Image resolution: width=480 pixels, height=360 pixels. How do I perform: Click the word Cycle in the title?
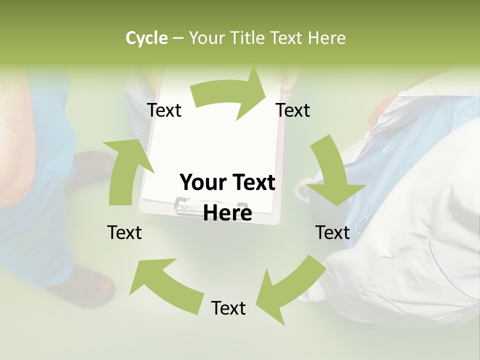click(146, 38)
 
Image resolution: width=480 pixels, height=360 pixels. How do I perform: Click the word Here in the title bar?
click(327, 38)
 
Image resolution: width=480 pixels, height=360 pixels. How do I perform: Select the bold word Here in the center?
click(227, 213)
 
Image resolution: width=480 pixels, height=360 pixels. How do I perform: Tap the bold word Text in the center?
click(252, 183)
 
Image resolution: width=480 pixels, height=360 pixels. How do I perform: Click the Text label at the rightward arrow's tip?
click(293, 110)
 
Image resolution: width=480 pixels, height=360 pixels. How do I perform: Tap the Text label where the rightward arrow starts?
click(164, 110)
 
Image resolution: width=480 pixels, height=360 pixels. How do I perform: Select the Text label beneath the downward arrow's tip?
click(332, 232)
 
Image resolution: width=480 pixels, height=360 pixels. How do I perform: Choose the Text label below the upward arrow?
click(124, 232)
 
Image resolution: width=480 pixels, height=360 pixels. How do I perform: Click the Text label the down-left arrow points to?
click(228, 308)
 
